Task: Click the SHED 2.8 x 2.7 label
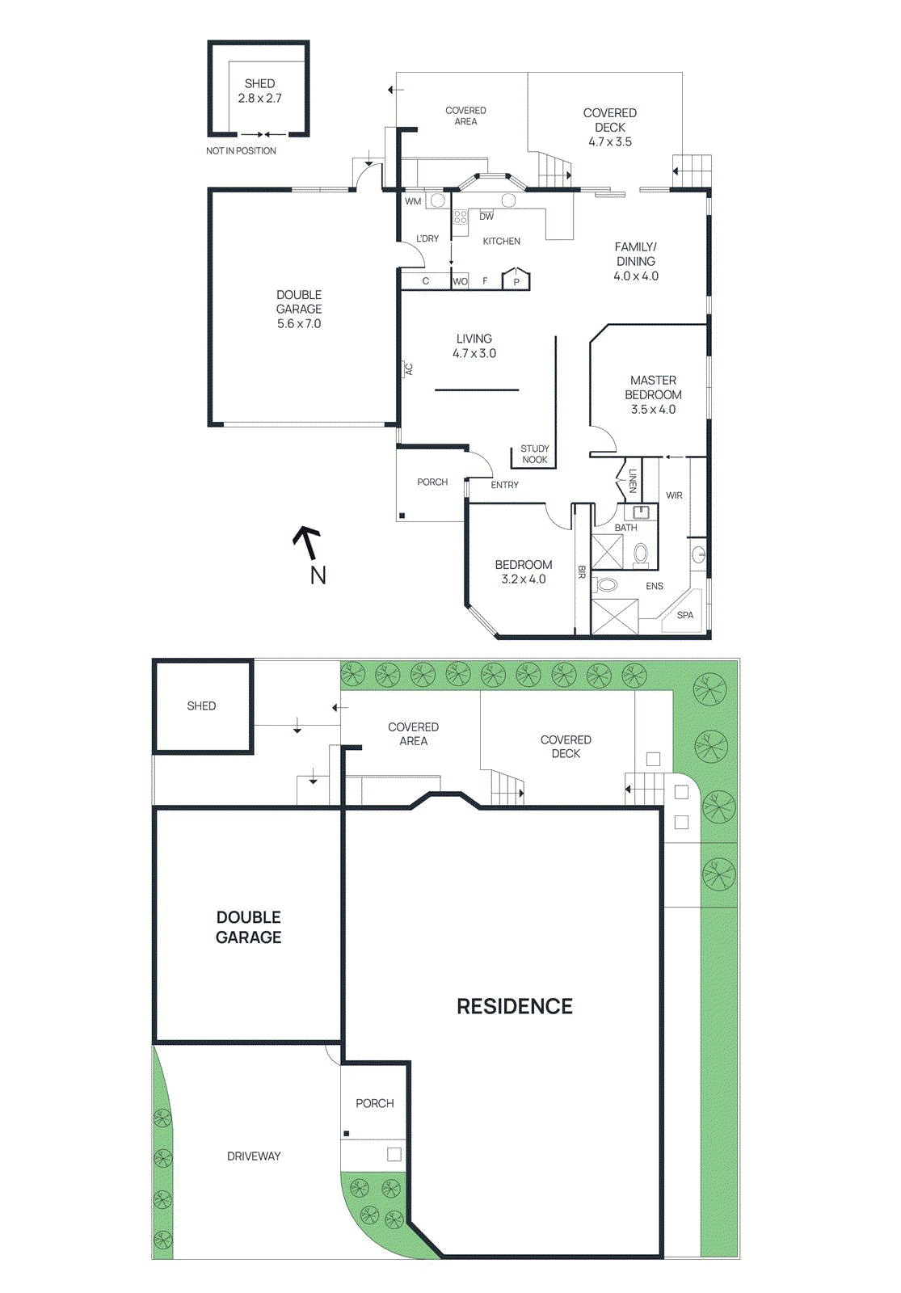coord(259,91)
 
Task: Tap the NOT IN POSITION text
coord(241,151)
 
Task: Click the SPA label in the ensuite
coord(685,615)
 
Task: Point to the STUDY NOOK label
coord(534,454)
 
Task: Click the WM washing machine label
coord(413,201)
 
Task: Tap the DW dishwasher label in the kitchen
coord(486,217)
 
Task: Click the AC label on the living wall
coord(409,369)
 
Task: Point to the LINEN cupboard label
coord(632,481)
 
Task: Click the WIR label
coord(674,495)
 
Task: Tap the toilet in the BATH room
coord(641,554)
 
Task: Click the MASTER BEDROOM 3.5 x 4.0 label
coord(653,394)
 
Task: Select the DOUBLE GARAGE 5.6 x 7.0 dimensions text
coord(299,324)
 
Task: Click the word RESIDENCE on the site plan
coord(515,1006)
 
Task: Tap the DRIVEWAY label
coord(254,1156)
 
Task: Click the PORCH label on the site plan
coord(375,1103)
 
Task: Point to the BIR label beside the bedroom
coord(581,571)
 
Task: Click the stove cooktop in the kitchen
coord(460,217)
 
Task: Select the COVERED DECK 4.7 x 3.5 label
coord(610,127)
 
